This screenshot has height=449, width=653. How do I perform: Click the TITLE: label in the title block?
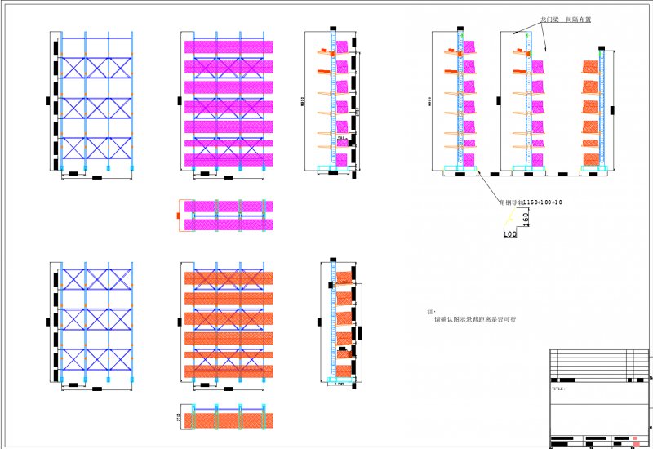point(557,389)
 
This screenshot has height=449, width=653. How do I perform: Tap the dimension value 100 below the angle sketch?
point(510,234)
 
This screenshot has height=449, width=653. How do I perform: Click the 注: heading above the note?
point(431,312)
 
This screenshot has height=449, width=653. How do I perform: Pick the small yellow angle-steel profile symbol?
point(511,216)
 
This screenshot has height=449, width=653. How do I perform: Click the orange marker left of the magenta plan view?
point(179,215)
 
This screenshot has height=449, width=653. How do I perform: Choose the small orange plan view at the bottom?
point(229,420)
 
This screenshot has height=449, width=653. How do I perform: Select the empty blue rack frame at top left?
point(96,102)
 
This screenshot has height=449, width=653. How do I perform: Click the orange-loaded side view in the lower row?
point(340,322)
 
